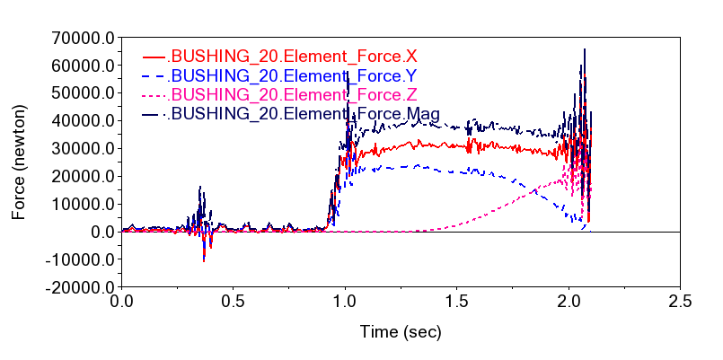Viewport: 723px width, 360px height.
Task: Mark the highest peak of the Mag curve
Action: pyautogui.click(x=585, y=50)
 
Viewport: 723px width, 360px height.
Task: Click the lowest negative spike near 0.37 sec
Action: pyautogui.click(x=205, y=260)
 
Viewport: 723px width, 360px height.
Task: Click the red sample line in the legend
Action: pyautogui.click(x=155, y=57)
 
